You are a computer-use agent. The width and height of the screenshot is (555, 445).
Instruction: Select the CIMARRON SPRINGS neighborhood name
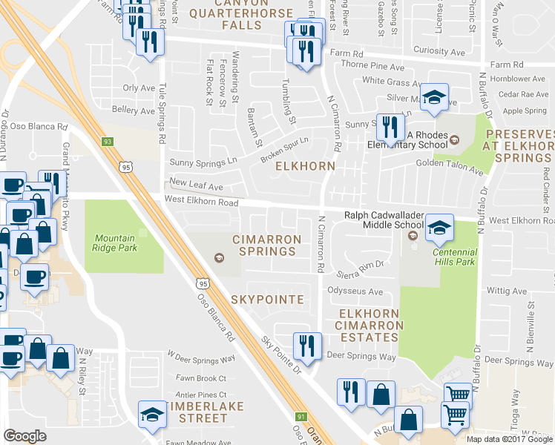coord(267,245)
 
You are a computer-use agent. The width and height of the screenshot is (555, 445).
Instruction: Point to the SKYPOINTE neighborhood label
coord(267,299)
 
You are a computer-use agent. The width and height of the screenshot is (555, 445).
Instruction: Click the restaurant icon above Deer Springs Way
coord(303,345)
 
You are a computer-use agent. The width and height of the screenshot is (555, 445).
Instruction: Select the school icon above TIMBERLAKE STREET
coord(152,413)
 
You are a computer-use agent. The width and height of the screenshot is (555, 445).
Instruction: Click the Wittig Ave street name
coord(506,291)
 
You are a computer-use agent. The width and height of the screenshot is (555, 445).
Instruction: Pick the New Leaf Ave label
coord(195,182)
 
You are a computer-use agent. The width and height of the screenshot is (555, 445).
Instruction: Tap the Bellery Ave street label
coord(134,111)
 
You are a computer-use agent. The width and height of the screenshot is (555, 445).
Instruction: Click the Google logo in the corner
coord(25,435)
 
